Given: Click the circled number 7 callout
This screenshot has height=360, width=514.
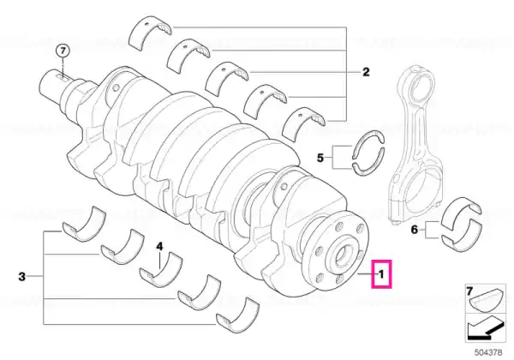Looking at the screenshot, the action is pos(63,51).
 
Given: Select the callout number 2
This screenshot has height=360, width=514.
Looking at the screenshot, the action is pos(366,72).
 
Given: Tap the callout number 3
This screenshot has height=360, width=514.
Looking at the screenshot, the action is pos(21,276).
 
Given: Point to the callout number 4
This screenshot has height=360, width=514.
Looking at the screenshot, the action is pos(159,246).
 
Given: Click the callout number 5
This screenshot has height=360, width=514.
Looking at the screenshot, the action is pos(320,158).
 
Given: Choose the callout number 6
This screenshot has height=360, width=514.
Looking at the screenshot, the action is pos(415,230).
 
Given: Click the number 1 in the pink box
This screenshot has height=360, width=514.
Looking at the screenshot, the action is pos(381,273).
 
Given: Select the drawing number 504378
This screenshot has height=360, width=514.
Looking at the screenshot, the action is pos(488,353).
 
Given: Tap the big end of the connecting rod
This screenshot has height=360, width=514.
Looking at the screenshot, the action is pos(415,194).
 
